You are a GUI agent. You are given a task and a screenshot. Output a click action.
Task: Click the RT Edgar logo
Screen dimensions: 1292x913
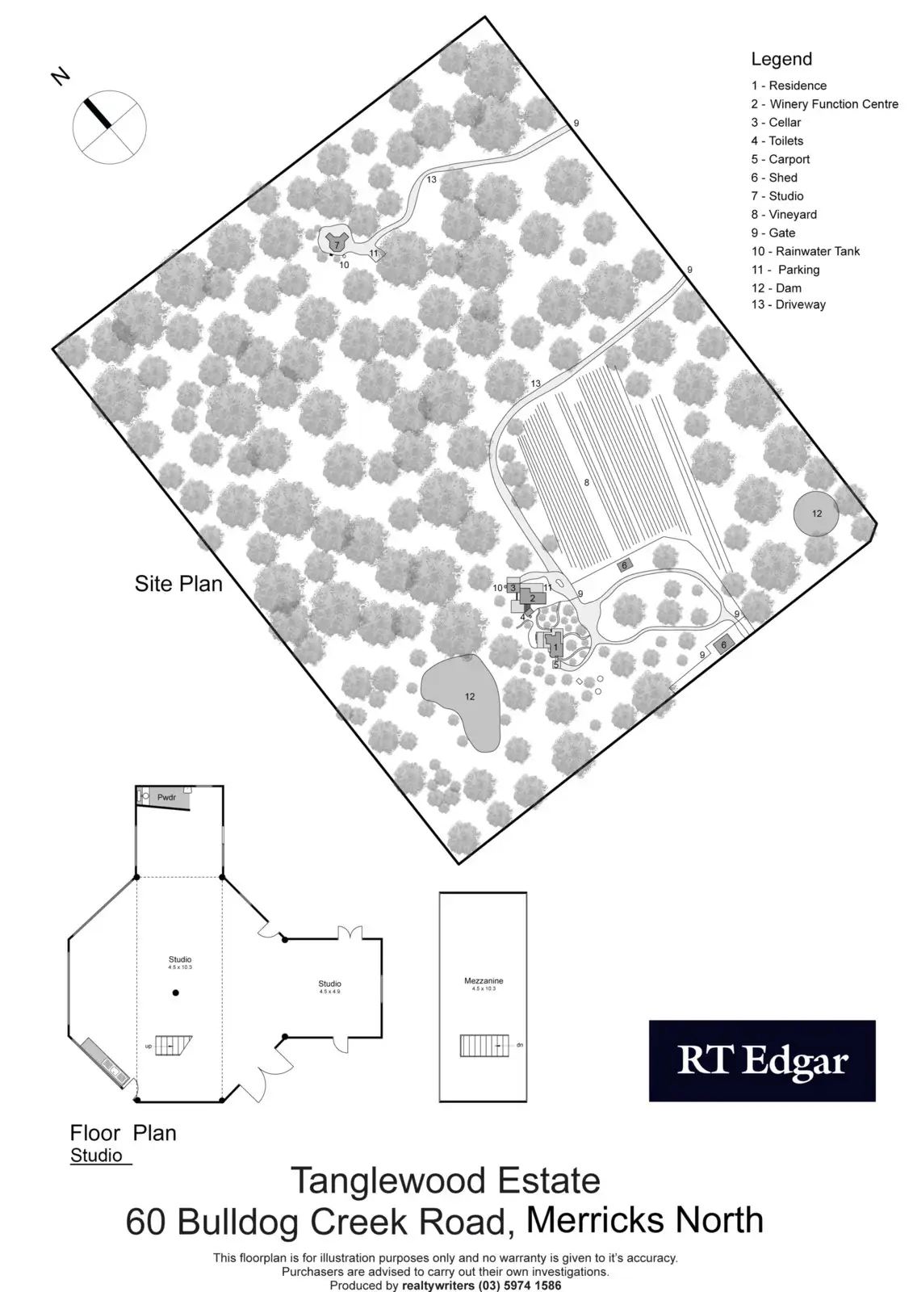pyautogui.click(x=762, y=1061)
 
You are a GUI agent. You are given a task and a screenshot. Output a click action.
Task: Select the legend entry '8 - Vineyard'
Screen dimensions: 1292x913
pyautogui.click(x=783, y=215)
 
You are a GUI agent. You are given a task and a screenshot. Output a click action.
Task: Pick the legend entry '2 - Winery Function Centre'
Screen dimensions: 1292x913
pyautogui.click(x=824, y=104)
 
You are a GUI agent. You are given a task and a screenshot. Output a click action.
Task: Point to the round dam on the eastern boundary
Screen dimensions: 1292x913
pyautogui.click(x=815, y=514)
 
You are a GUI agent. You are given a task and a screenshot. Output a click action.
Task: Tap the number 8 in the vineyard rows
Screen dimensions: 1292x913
pyautogui.click(x=587, y=482)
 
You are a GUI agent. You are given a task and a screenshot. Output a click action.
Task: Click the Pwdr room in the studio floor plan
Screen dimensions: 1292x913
pyautogui.click(x=166, y=797)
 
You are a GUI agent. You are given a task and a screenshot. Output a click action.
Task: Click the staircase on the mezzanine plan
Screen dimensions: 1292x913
pyautogui.click(x=486, y=1046)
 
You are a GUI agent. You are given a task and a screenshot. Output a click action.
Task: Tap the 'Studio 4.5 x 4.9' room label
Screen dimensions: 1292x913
pyautogui.click(x=330, y=986)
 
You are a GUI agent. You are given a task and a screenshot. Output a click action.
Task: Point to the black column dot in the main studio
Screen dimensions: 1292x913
pyautogui.click(x=176, y=992)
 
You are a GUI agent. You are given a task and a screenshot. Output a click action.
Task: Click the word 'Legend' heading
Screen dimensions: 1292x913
pyautogui.click(x=781, y=59)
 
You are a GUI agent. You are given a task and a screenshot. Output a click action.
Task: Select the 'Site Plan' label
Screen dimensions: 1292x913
pyautogui.click(x=178, y=584)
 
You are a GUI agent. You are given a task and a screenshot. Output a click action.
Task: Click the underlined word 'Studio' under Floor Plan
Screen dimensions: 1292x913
pyautogui.click(x=97, y=1156)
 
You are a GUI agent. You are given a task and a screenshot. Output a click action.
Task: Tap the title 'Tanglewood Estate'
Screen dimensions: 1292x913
pyautogui.click(x=445, y=1181)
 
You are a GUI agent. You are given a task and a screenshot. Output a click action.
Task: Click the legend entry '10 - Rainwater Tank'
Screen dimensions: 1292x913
pyautogui.click(x=805, y=251)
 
